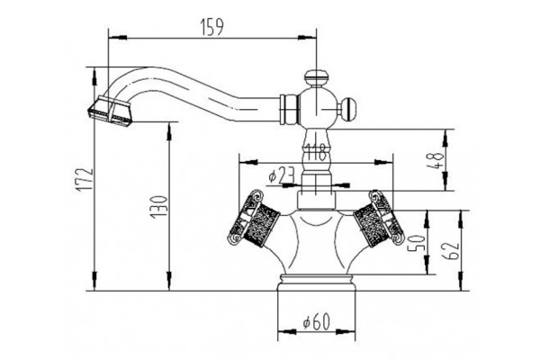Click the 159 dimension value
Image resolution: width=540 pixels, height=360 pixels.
click(212, 27)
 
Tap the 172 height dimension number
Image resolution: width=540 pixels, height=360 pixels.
click(85, 179)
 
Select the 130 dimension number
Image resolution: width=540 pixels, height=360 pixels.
click(159, 207)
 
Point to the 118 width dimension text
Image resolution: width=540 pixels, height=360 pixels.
click(316, 152)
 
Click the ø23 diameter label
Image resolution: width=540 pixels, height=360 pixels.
click(282, 176)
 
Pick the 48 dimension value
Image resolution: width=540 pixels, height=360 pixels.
click(436, 160)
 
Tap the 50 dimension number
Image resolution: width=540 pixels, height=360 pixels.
click(416, 243)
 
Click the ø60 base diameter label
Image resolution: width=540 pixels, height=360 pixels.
click(316, 322)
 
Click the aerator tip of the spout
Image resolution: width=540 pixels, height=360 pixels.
click(110, 111)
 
